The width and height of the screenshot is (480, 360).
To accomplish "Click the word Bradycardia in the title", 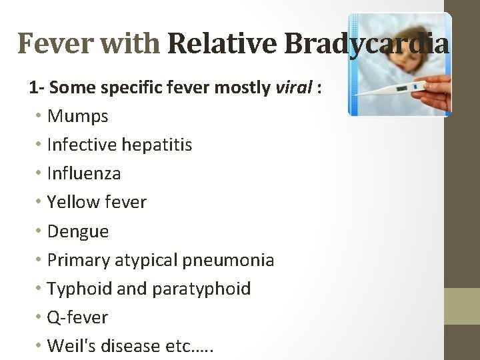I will click(x=366, y=44).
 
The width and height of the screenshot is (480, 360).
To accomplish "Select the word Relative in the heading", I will click(x=223, y=44).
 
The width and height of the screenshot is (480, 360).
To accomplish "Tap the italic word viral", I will click(x=294, y=87).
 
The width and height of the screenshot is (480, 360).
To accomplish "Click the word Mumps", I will click(x=77, y=117).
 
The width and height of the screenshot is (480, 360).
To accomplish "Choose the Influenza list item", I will click(x=84, y=173).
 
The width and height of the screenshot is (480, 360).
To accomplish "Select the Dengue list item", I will click(x=77, y=231).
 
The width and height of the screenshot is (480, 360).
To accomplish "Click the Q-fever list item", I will click(x=77, y=317).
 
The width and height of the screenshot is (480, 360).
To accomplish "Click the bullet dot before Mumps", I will click(x=39, y=117).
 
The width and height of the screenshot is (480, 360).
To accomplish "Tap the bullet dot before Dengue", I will click(x=39, y=231).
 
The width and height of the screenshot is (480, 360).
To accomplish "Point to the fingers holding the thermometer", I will click(x=440, y=93).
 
